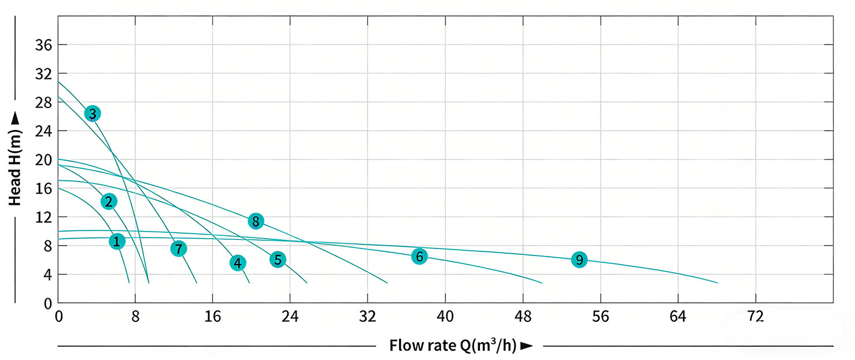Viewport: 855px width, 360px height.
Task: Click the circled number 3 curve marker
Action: click(x=92, y=113)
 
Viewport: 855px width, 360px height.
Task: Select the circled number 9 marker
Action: click(x=579, y=259)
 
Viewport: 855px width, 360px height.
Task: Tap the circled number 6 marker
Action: click(x=419, y=256)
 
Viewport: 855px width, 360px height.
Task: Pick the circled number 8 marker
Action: click(x=256, y=221)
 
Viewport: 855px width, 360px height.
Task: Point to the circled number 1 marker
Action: click(x=117, y=241)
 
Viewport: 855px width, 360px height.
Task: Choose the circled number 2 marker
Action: click(x=109, y=201)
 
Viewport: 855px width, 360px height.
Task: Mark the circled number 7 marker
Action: click(x=179, y=248)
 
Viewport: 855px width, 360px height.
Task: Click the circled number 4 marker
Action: click(x=238, y=263)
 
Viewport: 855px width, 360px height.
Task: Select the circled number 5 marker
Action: click(x=277, y=259)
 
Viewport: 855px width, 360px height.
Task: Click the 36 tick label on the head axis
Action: click(x=44, y=45)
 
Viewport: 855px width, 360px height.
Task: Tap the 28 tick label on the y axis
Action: click(x=44, y=102)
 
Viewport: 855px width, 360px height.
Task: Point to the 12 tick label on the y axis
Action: click(x=44, y=217)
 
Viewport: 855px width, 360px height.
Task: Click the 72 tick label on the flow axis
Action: click(x=756, y=317)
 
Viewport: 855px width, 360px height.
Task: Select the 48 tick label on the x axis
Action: click(x=523, y=317)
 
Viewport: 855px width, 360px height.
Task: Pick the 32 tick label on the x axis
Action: click(x=368, y=317)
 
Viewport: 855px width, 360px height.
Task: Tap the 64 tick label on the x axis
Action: click(x=678, y=317)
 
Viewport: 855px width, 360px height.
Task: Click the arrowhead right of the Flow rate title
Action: click(x=526, y=346)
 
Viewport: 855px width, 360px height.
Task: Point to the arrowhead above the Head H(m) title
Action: click(x=15, y=119)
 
